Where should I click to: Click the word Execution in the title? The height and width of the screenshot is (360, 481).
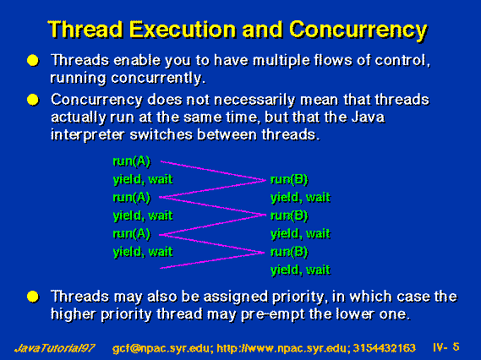[x=183, y=30]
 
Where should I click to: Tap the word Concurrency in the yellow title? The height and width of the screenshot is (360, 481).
[x=358, y=30]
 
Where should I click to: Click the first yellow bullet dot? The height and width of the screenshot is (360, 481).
[x=33, y=60]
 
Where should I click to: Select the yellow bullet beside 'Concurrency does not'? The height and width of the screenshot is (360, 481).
[x=33, y=100]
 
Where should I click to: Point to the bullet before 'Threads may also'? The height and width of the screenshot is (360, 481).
[x=33, y=297]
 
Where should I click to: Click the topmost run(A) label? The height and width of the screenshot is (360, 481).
[x=132, y=161]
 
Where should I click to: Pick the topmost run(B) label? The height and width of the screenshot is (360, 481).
[x=289, y=180]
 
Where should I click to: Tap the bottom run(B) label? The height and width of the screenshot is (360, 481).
[x=289, y=252]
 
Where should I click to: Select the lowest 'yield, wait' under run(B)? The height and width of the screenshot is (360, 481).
[x=301, y=270]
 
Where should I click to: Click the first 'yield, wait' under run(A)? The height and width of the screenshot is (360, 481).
[x=143, y=179]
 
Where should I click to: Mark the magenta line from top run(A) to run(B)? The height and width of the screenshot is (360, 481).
[x=213, y=171]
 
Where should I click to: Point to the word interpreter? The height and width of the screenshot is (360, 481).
[x=88, y=135]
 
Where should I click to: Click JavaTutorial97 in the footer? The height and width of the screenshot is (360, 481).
[x=55, y=348]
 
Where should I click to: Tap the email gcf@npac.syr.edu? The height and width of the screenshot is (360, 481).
[x=161, y=348]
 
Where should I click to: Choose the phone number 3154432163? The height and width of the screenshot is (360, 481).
[x=384, y=348]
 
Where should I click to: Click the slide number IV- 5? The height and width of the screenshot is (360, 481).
[x=446, y=347]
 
